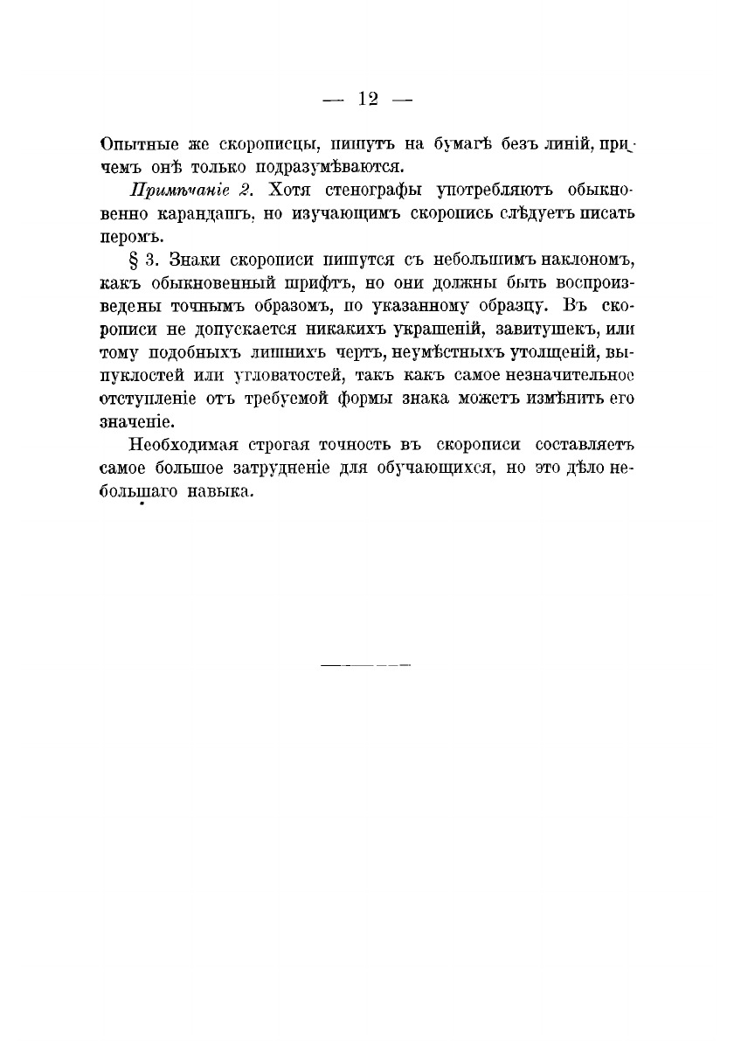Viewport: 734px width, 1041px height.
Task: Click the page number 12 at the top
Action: pos(367,99)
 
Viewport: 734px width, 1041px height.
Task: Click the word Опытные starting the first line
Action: pos(135,143)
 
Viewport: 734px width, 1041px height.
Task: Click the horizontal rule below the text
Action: pos(366,666)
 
